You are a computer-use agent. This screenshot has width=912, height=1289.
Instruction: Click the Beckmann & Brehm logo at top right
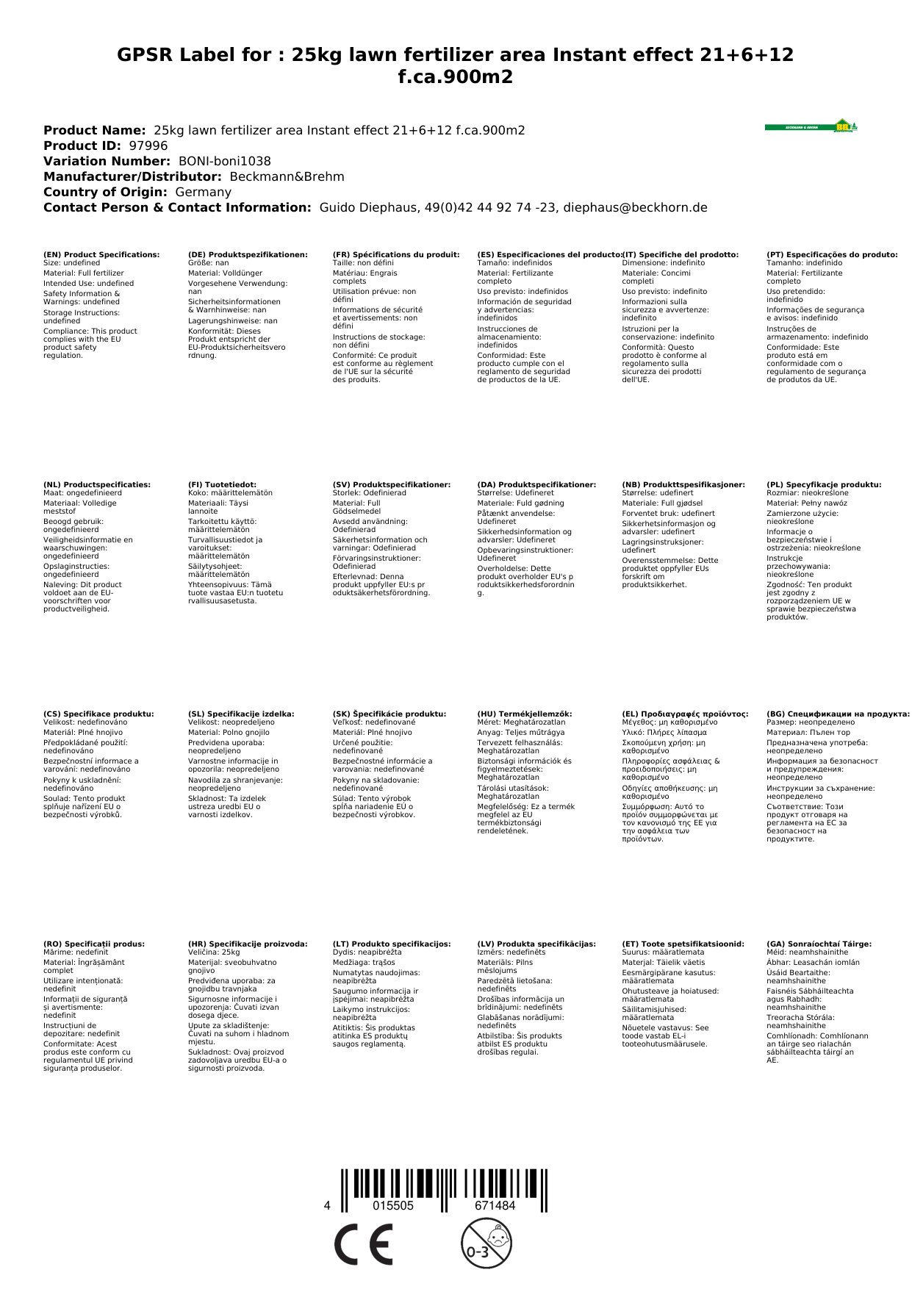click(x=811, y=126)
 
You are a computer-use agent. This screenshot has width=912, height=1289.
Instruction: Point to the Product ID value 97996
click(x=148, y=146)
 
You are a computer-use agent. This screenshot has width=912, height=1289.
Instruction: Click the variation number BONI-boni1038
click(x=224, y=161)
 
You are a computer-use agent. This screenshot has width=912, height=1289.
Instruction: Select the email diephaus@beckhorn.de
click(x=635, y=207)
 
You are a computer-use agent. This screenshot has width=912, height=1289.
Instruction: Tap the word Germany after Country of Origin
click(x=203, y=192)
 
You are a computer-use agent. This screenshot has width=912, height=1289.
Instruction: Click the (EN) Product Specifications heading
click(x=101, y=255)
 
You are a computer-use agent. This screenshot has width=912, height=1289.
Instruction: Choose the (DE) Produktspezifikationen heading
click(x=248, y=255)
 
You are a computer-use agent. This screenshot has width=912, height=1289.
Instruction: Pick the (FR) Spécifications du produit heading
click(x=396, y=255)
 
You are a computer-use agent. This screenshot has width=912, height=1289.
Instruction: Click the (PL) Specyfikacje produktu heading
click(x=823, y=485)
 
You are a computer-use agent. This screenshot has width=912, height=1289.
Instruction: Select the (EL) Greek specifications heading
click(x=685, y=714)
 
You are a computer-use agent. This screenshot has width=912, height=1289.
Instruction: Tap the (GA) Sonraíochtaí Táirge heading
click(x=819, y=944)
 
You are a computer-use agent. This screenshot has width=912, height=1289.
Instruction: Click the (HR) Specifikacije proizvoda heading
click(x=248, y=944)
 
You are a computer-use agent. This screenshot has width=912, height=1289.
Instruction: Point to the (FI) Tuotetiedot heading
click(x=222, y=485)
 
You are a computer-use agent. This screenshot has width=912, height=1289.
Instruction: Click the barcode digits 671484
click(x=495, y=1206)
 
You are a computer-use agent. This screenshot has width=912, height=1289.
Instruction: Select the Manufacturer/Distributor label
click(x=132, y=176)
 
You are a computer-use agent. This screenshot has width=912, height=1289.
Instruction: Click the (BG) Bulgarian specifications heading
click(x=838, y=714)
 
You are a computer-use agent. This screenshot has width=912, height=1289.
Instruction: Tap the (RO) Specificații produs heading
click(x=94, y=944)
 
